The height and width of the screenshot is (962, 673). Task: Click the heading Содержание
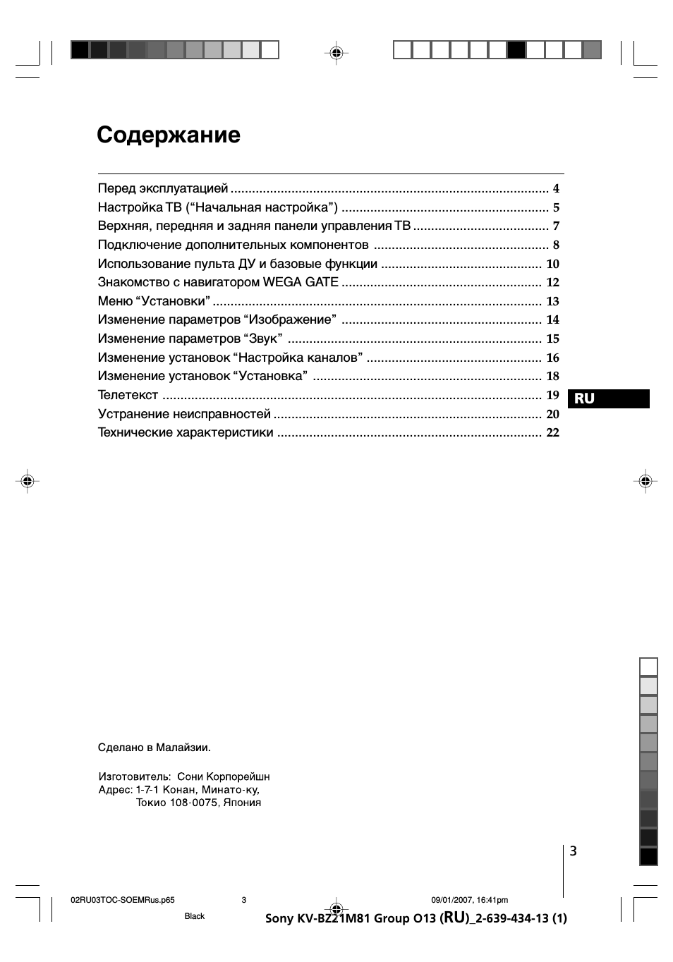coord(169,135)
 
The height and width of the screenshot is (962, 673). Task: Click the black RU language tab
coord(608,398)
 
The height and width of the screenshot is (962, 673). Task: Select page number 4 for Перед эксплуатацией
coord(556,189)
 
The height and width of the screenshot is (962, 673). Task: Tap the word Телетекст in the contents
coord(128,395)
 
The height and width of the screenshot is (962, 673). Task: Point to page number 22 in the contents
coord(552,433)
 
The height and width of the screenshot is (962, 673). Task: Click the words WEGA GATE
coord(301,282)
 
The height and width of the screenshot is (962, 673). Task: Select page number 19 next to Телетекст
coord(552,395)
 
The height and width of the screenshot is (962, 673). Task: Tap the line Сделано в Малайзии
coord(154,748)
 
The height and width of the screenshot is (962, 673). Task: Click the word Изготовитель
coord(134,777)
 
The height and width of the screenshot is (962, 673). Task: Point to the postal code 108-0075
coord(193,803)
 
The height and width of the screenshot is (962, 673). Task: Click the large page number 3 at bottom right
coord(574,851)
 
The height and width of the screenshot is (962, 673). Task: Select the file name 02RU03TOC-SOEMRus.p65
coord(123,900)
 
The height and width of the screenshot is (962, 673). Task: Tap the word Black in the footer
coord(194,916)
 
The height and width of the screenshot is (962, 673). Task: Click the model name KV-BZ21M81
coord(334,918)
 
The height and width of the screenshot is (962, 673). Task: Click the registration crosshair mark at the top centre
coord(336,52)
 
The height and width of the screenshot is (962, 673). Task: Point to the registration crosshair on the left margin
coord(28,481)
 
